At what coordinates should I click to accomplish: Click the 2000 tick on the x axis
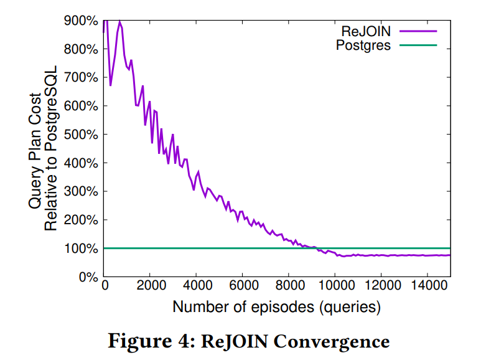coord(150,287)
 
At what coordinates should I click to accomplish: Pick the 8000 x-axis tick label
coord(289,287)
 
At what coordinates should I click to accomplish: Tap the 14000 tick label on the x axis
coord(427,287)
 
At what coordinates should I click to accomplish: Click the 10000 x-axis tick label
coord(335,287)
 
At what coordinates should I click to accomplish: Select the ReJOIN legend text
coord(365,30)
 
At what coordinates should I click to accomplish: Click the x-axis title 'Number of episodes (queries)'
coord(276,306)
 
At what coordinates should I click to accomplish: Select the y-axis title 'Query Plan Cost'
coord(35,148)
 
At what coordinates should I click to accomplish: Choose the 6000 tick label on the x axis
coord(242,287)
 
